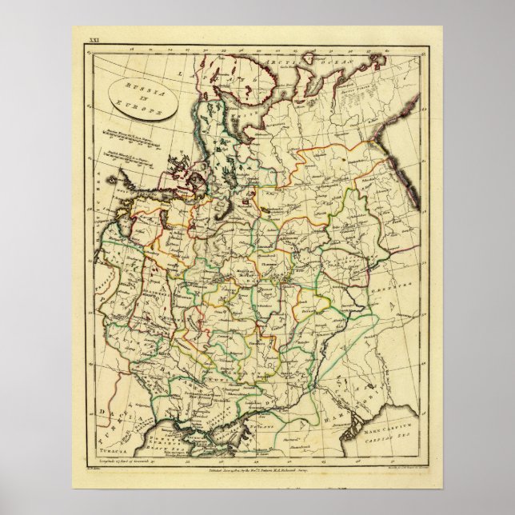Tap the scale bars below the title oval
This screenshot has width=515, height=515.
click(132, 152)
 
